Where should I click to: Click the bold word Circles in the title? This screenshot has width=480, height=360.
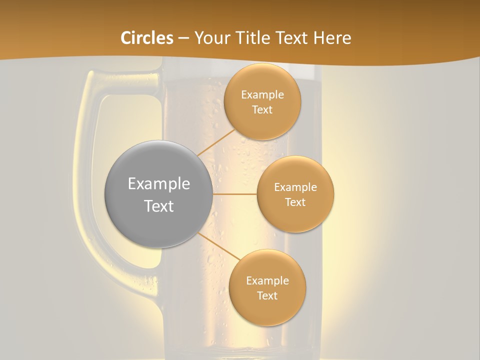click(x=146, y=38)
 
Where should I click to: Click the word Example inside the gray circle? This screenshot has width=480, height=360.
click(x=159, y=184)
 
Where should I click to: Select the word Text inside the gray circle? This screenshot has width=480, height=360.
click(x=159, y=206)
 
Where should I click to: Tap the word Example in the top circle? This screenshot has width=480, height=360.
click(x=262, y=95)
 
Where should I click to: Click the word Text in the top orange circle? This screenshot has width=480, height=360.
click(x=262, y=110)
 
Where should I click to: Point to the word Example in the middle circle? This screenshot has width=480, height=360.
click(x=295, y=187)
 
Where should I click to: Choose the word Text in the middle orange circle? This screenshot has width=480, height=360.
click(x=295, y=202)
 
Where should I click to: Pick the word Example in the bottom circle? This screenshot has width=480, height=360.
click(x=267, y=281)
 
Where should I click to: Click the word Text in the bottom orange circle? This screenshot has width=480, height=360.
click(x=267, y=296)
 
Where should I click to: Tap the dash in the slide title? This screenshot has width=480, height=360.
click(x=183, y=38)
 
